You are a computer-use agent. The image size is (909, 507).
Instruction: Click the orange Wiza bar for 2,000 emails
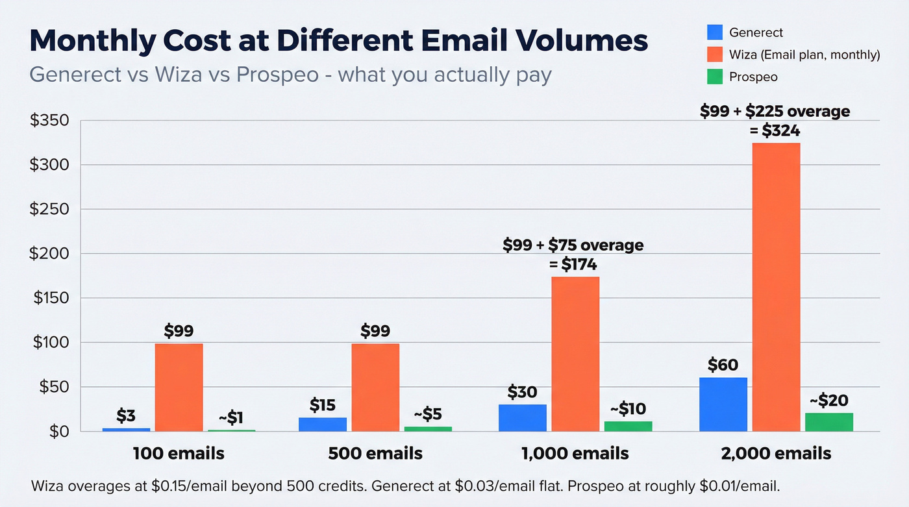click(x=776, y=287)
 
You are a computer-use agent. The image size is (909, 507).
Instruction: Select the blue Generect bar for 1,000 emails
click(x=523, y=417)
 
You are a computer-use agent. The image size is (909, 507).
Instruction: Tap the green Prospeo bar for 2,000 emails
click(x=829, y=422)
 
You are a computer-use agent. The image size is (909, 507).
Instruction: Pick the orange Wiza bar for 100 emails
click(x=179, y=387)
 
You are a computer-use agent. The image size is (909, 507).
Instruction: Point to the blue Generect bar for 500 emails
click(x=323, y=424)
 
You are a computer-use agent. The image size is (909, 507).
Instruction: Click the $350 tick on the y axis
click(x=49, y=121)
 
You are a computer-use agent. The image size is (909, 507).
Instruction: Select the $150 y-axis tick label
click(x=49, y=299)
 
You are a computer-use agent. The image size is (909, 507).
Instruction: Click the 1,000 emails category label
click(x=575, y=453)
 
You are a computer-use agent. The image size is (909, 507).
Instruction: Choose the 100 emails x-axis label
click(x=179, y=453)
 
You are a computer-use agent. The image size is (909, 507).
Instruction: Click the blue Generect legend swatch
click(x=714, y=32)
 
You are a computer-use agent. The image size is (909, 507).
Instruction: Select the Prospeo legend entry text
click(x=753, y=77)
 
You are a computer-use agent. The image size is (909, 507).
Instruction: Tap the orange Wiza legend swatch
click(x=714, y=55)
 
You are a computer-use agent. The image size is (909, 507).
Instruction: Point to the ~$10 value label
click(x=629, y=409)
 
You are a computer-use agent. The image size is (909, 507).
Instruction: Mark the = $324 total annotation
click(x=775, y=130)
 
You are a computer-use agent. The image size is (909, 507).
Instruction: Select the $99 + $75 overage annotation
click(x=573, y=245)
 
